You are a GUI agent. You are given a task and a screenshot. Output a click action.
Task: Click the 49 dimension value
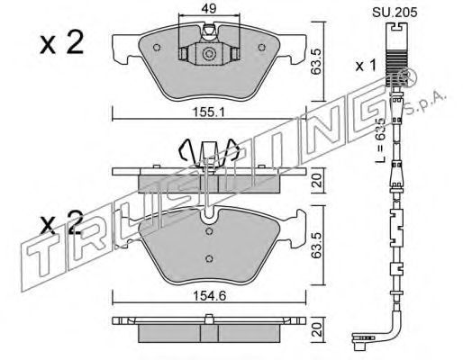pyautogui.click(x=209, y=9)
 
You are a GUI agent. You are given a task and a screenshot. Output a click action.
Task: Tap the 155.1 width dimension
pyautogui.click(x=209, y=112)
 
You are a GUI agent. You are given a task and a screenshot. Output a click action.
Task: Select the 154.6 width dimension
pyautogui.click(x=209, y=296)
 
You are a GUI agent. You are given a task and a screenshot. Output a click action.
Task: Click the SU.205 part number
pyautogui.click(x=395, y=13)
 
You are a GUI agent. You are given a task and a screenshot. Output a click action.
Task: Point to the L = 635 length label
pyautogui.click(x=381, y=140)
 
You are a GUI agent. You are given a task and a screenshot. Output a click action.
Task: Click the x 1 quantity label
pyautogui.click(x=366, y=66)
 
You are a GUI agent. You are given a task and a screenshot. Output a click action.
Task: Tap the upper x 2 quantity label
pyautogui.click(x=61, y=43)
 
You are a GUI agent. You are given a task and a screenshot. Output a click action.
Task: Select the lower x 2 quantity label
pyautogui.click(x=61, y=222)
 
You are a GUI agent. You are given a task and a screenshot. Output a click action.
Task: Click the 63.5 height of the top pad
pyautogui.click(x=317, y=62)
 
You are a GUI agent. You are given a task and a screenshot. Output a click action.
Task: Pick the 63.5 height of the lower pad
pyautogui.click(x=317, y=245)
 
